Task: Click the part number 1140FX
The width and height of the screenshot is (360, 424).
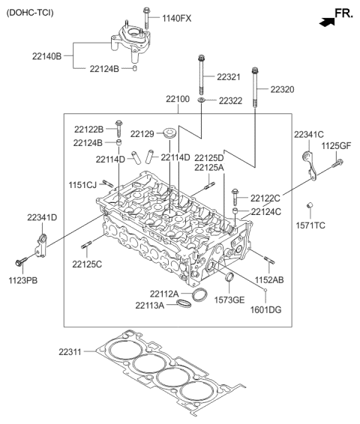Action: [x=176, y=17]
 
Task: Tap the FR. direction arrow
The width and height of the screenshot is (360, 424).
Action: [x=326, y=22]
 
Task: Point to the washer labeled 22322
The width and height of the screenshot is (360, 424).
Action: [x=202, y=100]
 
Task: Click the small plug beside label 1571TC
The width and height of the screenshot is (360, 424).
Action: [x=308, y=207]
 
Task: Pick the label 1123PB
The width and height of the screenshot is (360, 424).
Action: [x=22, y=280]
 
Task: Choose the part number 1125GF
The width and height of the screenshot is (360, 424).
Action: [x=336, y=145]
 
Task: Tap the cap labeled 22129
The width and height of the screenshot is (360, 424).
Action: [x=172, y=136]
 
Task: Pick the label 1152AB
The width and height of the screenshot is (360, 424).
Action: [x=268, y=280]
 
